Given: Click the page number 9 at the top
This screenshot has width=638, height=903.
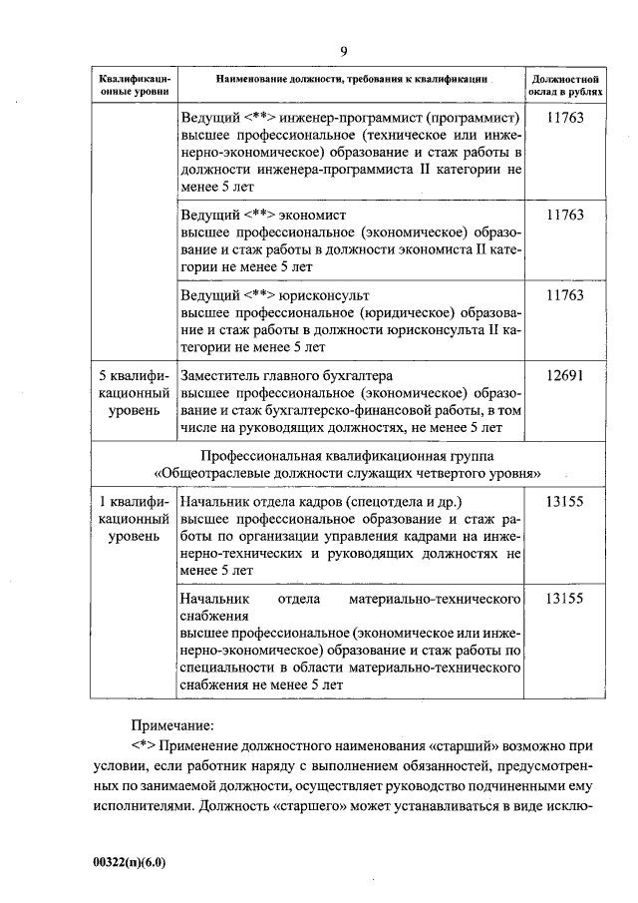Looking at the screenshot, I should (343, 51).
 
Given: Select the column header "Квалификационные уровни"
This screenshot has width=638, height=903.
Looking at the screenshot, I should (134, 84).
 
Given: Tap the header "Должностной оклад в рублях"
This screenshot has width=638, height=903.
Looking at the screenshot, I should (565, 84).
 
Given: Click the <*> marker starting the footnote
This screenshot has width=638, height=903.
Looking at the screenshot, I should (145, 745).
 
